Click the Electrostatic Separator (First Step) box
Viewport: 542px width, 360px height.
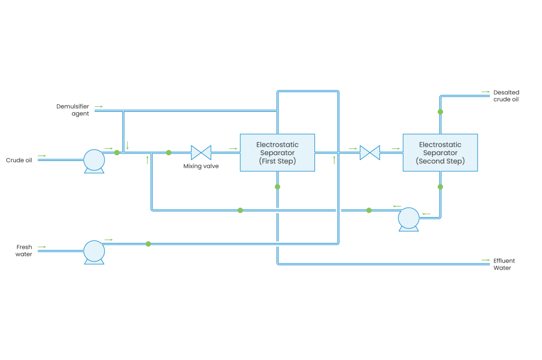pos(277,152)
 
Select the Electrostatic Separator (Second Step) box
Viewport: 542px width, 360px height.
pos(440,152)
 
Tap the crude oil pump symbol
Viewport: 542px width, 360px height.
pos(95,159)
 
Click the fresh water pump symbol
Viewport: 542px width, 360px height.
pos(94,251)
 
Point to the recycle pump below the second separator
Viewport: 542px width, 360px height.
pos(409,218)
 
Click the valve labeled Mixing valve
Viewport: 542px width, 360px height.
pos(201,152)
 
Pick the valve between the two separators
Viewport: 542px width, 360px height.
pos(369,152)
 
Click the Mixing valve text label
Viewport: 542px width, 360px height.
pos(201,166)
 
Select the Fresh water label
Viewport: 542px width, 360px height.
pos(24,250)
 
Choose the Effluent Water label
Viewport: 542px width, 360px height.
pos(504,264)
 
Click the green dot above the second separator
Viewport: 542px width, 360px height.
pos(440,112)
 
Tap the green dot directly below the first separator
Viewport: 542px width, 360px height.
pos(277,187)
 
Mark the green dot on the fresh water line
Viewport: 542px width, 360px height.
pos(148,244)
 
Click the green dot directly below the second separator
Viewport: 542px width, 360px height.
pos(440,187)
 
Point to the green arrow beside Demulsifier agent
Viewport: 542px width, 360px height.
pos(99,106)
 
